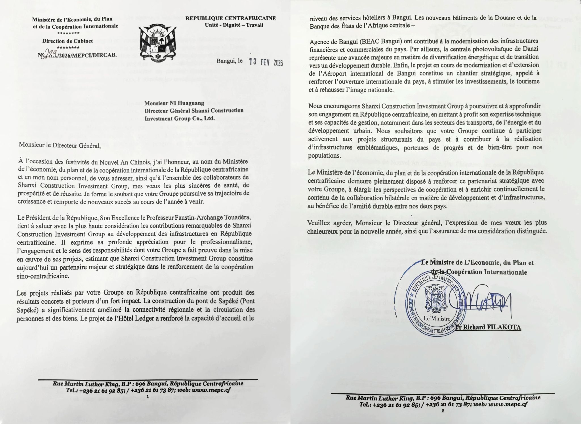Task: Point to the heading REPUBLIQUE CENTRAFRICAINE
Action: (231, 18)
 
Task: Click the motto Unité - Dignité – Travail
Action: (234, 26)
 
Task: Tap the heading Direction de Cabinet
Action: (68, 41)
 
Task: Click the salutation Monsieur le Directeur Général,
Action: (60, 145)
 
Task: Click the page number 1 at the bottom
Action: (148, 397)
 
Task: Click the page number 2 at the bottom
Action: (443, 411)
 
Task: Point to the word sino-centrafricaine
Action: (43, 276)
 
